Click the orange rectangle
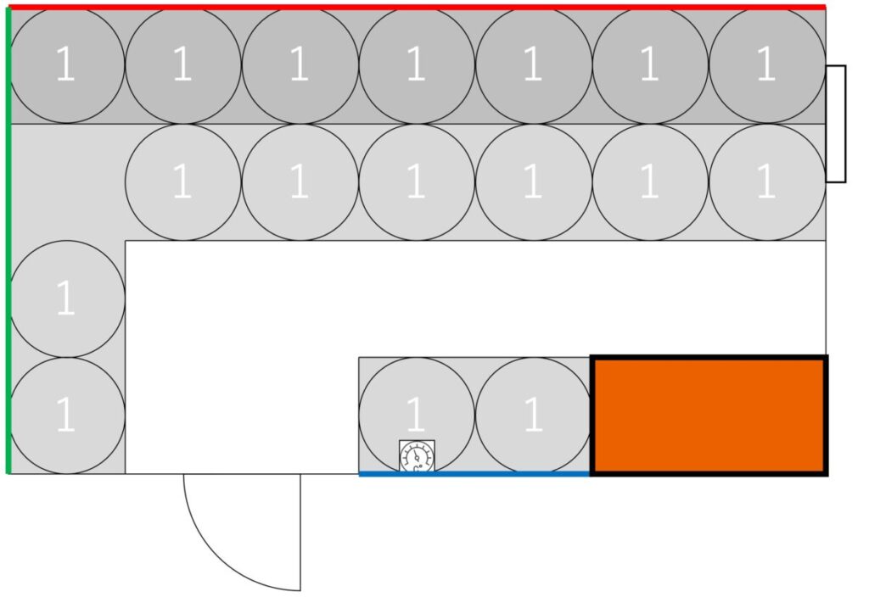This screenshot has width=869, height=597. [x=709, y=416]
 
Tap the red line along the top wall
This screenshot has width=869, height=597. [x=416, y=7]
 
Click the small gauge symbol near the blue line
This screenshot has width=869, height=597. [x=417, y=455]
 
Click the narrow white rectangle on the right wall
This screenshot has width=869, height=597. [x=836, y=123]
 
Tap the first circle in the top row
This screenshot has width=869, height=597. [x=66, y=65]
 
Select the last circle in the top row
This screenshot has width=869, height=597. [x=766, y=65]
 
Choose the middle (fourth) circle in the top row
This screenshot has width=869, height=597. [x=416, y=65]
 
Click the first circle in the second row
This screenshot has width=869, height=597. [x=182, y=181]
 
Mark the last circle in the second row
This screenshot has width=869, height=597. [x=766, y=181]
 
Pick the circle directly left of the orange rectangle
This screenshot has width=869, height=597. [x=533, y=415]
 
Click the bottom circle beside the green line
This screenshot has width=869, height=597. [x=66, y=415]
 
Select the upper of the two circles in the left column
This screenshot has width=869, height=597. [x=66, y=298]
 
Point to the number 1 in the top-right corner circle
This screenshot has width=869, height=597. [x=766, y=65]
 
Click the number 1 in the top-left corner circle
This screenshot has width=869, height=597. [x=65, y=65]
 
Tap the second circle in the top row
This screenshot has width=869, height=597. [x=182, y=65]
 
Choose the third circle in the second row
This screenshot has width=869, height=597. [x=416, y=181]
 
